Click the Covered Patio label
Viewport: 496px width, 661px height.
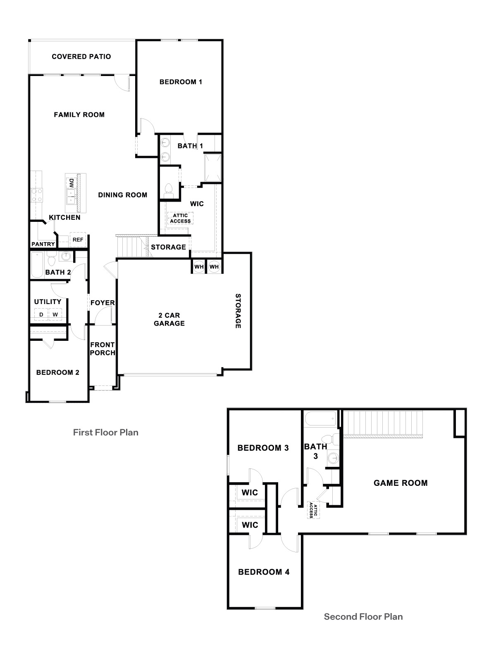pos(81,57)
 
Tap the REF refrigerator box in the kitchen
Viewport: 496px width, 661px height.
pos(78,240)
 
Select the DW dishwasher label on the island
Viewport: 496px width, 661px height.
pos(71,182)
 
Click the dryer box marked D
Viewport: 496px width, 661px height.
pos(41,315)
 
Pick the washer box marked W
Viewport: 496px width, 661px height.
pos(55,315)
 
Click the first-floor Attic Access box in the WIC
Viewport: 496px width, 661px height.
pos(180,218)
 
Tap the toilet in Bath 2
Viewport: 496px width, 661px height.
pos(51,260)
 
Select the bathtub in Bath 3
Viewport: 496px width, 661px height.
pos(320,420)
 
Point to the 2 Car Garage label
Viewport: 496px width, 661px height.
pos(169,319)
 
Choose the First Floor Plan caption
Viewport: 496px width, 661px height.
pos(105,433)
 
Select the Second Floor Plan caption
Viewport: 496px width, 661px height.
pos(363,617)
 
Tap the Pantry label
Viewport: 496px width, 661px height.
pos(43,244)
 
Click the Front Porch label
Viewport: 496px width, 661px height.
pos(103,349)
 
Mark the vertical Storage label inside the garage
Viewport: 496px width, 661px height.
pos(238,311)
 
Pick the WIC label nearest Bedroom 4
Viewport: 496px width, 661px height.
pos(250,525)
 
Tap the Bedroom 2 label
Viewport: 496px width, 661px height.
pos(57,372)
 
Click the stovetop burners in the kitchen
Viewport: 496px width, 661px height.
pos(36,195)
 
